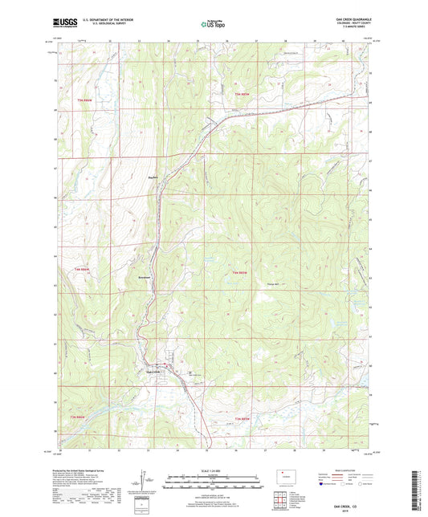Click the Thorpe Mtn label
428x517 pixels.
tap(272, 282)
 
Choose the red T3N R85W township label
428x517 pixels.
tap(243, 419)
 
